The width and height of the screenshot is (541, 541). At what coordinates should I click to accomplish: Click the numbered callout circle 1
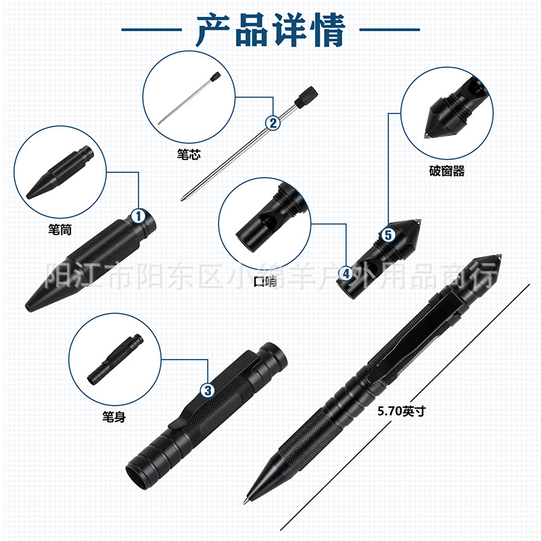139,216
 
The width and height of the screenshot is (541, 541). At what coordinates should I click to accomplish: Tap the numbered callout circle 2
273,123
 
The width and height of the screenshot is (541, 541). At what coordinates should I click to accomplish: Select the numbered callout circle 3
208,391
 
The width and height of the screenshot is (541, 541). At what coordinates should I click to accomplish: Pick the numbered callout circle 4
346,274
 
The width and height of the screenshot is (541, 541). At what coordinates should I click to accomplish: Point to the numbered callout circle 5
388,235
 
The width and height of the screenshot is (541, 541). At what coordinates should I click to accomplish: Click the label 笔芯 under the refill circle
189,154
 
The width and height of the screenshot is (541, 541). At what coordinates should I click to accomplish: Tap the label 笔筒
60,229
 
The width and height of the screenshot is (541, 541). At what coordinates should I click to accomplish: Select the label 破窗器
447,171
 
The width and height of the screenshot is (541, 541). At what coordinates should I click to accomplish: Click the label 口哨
265,281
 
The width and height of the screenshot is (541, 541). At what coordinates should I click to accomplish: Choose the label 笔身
114,417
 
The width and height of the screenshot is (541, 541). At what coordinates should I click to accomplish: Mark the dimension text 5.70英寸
402,411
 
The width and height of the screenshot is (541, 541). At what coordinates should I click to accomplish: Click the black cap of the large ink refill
306,96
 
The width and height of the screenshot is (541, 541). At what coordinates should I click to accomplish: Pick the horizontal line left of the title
151,30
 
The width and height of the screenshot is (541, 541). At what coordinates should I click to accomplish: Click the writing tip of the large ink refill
183,198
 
